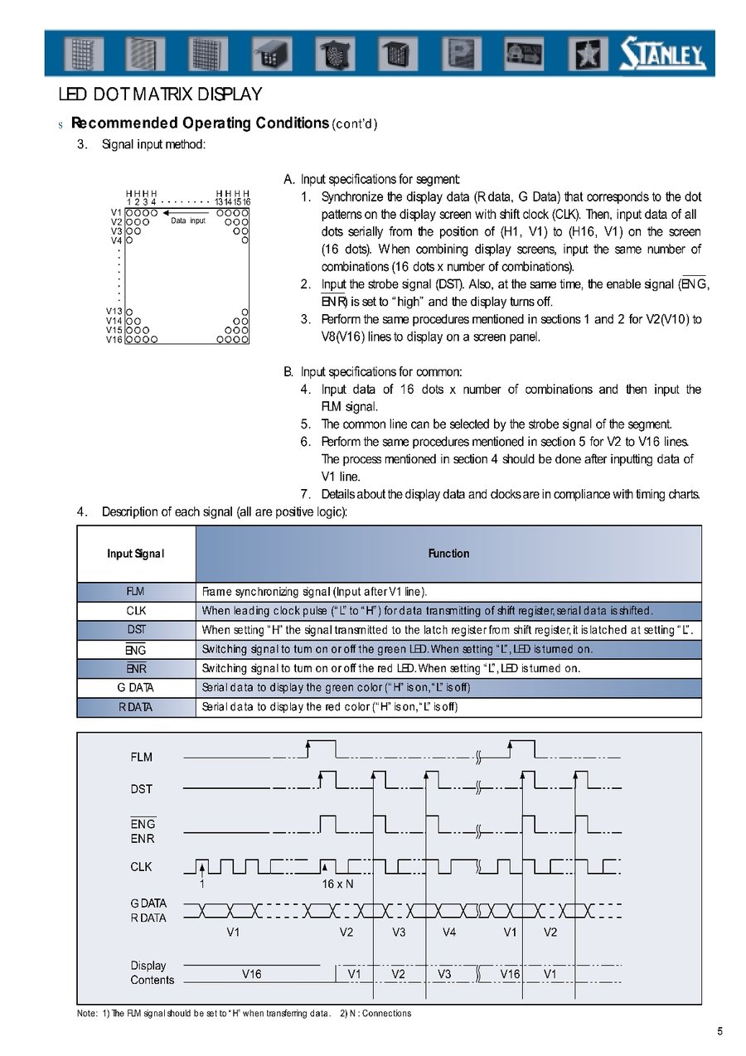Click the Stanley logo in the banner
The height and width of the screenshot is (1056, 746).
pos(662,56)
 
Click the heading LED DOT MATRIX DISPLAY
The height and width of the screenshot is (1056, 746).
pos(160,94)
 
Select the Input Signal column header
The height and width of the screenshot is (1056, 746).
pos(136,554)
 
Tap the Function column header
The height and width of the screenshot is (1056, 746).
pos(448,554)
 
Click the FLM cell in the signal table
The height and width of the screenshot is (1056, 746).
pos(136,592)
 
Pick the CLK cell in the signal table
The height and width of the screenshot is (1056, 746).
pos(136,611)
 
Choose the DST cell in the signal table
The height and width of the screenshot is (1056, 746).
pos(136,630)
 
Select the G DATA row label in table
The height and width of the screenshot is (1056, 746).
pos(136,687)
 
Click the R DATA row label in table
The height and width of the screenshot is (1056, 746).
pos(136,707)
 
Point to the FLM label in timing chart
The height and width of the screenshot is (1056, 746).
pos(142,757)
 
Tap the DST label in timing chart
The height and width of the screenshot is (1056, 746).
pos(142,789)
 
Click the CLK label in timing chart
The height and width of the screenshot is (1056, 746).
pos(142,867)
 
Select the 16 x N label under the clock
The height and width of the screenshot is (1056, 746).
pos(337,884)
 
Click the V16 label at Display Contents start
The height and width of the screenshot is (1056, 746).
pos(251,974)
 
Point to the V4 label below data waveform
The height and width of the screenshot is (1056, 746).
pos(449,932)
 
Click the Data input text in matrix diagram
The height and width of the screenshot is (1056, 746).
pos(188,221)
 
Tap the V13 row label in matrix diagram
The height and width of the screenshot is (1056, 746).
pos(114,312)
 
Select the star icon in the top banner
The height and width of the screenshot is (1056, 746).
pos(586,55)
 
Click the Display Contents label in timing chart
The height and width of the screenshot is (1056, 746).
pos(152,973)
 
